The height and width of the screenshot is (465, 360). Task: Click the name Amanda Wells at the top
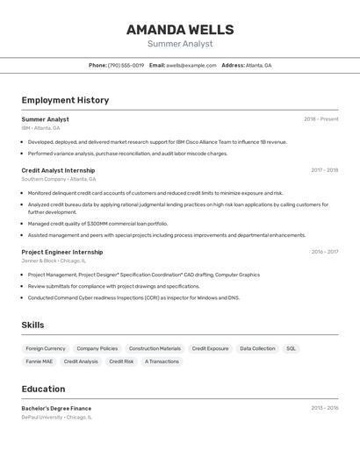click(179, 29)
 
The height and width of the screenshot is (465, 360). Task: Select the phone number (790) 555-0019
click(126, 65)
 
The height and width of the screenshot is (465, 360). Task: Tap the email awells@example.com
click(191, 65)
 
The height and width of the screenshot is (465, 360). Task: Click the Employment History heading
click(65, 100)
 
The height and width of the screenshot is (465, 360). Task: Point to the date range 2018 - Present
click(320, 119)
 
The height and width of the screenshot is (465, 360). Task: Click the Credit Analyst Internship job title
click(58, 170)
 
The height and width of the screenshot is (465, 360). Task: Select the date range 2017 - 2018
click(324, 170)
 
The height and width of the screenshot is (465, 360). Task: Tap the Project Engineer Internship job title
click(61, 252)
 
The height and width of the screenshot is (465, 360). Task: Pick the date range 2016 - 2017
click(324, 252)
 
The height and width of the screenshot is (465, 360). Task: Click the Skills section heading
click(32, 325)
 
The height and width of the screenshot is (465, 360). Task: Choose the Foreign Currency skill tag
click(46, 348)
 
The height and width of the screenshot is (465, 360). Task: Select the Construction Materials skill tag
click(155, 348)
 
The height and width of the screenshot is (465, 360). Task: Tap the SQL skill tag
click(291, 348)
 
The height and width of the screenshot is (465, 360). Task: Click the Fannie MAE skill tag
click(39, 361)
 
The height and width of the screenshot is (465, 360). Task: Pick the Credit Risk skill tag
click(121, 361)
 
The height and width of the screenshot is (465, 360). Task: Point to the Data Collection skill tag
click(257, 348)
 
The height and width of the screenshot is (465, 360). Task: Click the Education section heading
click(43, 389)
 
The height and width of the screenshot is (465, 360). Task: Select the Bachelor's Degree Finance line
click(56, 408)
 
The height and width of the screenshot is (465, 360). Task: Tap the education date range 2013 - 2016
click(324, 408)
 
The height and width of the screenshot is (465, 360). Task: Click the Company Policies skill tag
click(97, 348)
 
